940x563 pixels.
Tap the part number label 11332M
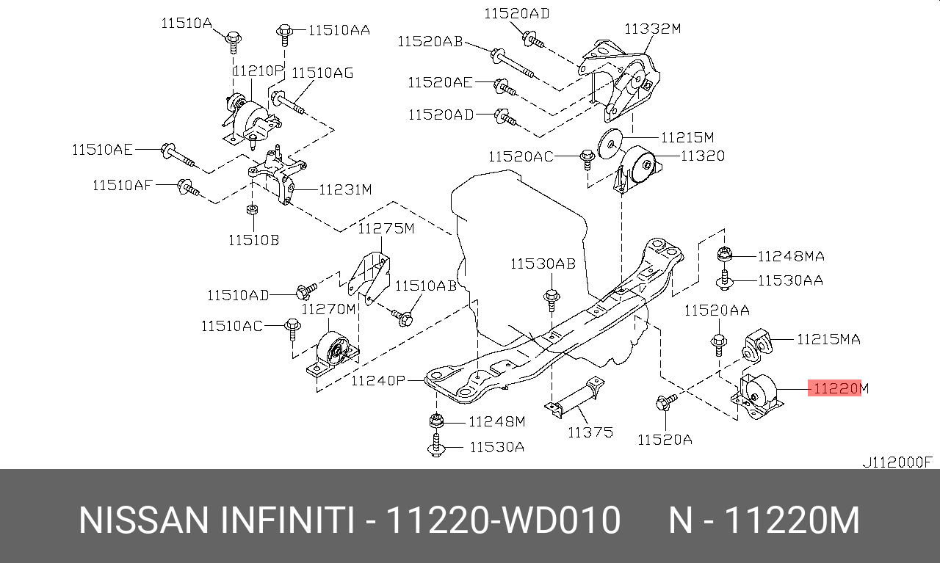(x=653, y=29)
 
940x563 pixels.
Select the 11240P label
(x=378, y=380)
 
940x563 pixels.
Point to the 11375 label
(x=590, y=432)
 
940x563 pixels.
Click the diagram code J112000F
(x=897, y=462)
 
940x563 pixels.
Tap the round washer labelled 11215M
(x=610, y=143)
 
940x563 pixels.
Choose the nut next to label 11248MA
(x=724, y=255)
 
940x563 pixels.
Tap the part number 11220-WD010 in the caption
(x=503, y=521)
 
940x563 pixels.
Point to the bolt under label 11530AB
(x=552, y=301)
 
